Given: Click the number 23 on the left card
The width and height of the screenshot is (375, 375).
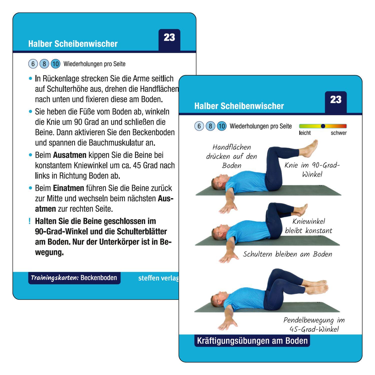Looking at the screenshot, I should tap(169, 38).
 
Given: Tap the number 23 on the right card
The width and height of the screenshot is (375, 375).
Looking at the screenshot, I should tap(336, 100).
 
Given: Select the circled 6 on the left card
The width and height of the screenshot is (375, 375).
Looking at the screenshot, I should tap(33, 64).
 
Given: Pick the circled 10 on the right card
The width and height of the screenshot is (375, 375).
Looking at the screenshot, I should tap(221, 126).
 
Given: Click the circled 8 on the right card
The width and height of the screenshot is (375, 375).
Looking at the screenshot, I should tap(210, 126).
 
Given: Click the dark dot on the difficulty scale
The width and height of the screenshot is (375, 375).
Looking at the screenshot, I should tap(323, 126).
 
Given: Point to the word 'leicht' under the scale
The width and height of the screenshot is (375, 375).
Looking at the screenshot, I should tap(305, 133).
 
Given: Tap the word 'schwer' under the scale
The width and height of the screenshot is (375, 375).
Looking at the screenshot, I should tap(338, 133).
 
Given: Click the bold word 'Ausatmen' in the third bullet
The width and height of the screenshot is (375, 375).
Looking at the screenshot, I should tap(69, 155).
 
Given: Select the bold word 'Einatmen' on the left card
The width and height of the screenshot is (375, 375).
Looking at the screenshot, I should tap(68, 188).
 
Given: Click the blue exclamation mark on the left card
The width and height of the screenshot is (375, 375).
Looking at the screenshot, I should tap(30, 221).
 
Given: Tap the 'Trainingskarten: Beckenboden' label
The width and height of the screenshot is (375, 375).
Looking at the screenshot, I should tap(74, 278).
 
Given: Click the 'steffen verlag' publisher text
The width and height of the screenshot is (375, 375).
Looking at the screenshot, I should tap(158, 278).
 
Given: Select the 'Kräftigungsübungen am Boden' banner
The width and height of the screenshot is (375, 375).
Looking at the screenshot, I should tap(252, 341).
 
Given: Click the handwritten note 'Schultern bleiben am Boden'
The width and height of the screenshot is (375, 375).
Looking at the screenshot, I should tap(287, 254).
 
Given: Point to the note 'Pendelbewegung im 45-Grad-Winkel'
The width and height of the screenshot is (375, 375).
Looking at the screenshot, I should tap(314, 324).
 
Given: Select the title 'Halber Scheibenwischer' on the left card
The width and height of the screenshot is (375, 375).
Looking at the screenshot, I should tap(73, 44).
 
